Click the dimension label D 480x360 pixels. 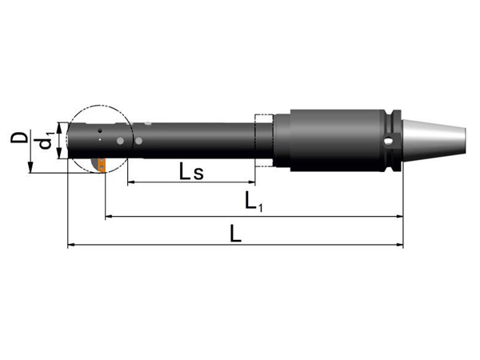[19, 138]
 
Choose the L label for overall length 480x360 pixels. [236, 234]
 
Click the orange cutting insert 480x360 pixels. [102, 165]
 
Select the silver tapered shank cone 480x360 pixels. [434, 140]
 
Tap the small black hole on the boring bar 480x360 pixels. [99, 130]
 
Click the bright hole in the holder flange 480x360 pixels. [389, 141]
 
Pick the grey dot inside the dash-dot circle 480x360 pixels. [121, 141]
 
